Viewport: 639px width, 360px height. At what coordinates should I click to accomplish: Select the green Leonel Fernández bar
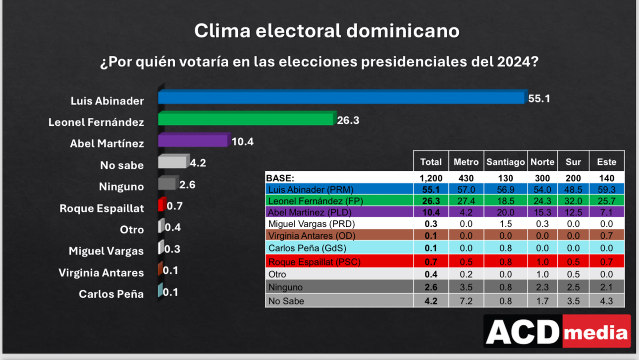[246, 119]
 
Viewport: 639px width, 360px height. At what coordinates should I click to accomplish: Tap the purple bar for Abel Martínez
[194, 141]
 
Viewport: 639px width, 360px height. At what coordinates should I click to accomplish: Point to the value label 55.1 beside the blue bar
[539, 99]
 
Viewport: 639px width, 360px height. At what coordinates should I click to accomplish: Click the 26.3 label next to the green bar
[348, 120]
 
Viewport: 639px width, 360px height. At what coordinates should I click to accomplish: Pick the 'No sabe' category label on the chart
[122, 165]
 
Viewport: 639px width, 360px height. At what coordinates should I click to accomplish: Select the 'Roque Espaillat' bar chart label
[102, 208]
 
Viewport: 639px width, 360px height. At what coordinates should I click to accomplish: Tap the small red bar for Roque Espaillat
[161, 205]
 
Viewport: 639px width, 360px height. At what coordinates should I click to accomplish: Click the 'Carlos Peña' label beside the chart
[111, 294]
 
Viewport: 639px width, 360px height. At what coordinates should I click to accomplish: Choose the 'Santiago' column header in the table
[505, 162]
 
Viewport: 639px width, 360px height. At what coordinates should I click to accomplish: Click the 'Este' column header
[606, 162]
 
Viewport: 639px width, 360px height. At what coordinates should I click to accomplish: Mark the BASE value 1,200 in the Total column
[430, 178]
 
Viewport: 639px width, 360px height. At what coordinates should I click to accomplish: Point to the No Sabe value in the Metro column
[466, 301]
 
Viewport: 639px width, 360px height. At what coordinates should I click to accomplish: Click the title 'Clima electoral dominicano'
[326, 31]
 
